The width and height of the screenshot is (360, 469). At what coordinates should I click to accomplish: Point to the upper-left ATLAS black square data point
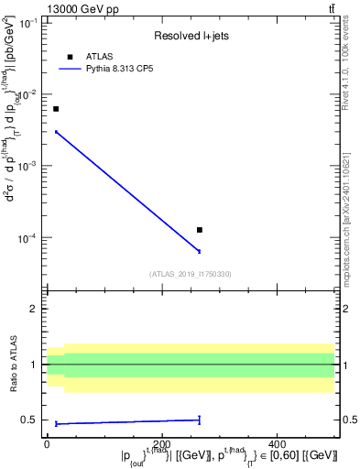56,109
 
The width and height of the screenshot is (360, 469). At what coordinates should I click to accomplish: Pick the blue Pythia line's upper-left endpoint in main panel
56,132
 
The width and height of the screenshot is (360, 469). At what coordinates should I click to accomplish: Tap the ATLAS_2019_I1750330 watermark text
191,274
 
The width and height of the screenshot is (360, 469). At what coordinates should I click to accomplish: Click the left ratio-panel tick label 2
32,309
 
